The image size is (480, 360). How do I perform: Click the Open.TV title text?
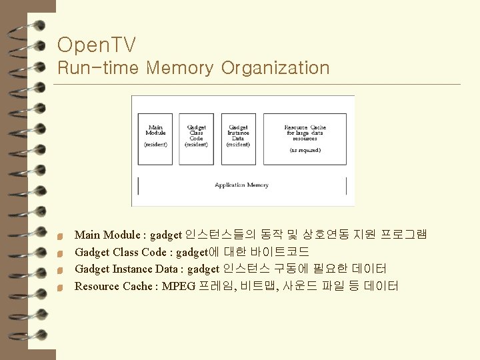tap(97, 45)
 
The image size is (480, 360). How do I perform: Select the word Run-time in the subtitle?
tap(99, 68)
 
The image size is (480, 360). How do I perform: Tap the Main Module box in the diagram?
tap(155, 139)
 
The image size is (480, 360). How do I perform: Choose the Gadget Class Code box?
tap(197, 139)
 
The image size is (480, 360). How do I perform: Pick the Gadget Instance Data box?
tap(238, 139)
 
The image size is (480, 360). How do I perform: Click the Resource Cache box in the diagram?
tap(305, 139)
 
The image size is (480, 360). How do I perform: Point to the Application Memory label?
tap(241, 185)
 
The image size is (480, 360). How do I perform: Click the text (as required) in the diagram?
tap(305, 151)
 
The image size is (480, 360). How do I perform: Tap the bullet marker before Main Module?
tap(60, 236)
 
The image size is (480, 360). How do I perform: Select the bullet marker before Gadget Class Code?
tap(60, 253)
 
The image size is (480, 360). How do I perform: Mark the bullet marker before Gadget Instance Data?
tap(60, 271)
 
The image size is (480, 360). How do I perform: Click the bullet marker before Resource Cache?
tap(60, 288)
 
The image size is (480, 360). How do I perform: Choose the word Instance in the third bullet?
tap(132, 269)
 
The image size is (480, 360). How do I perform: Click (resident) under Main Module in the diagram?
tap(155, 145)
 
